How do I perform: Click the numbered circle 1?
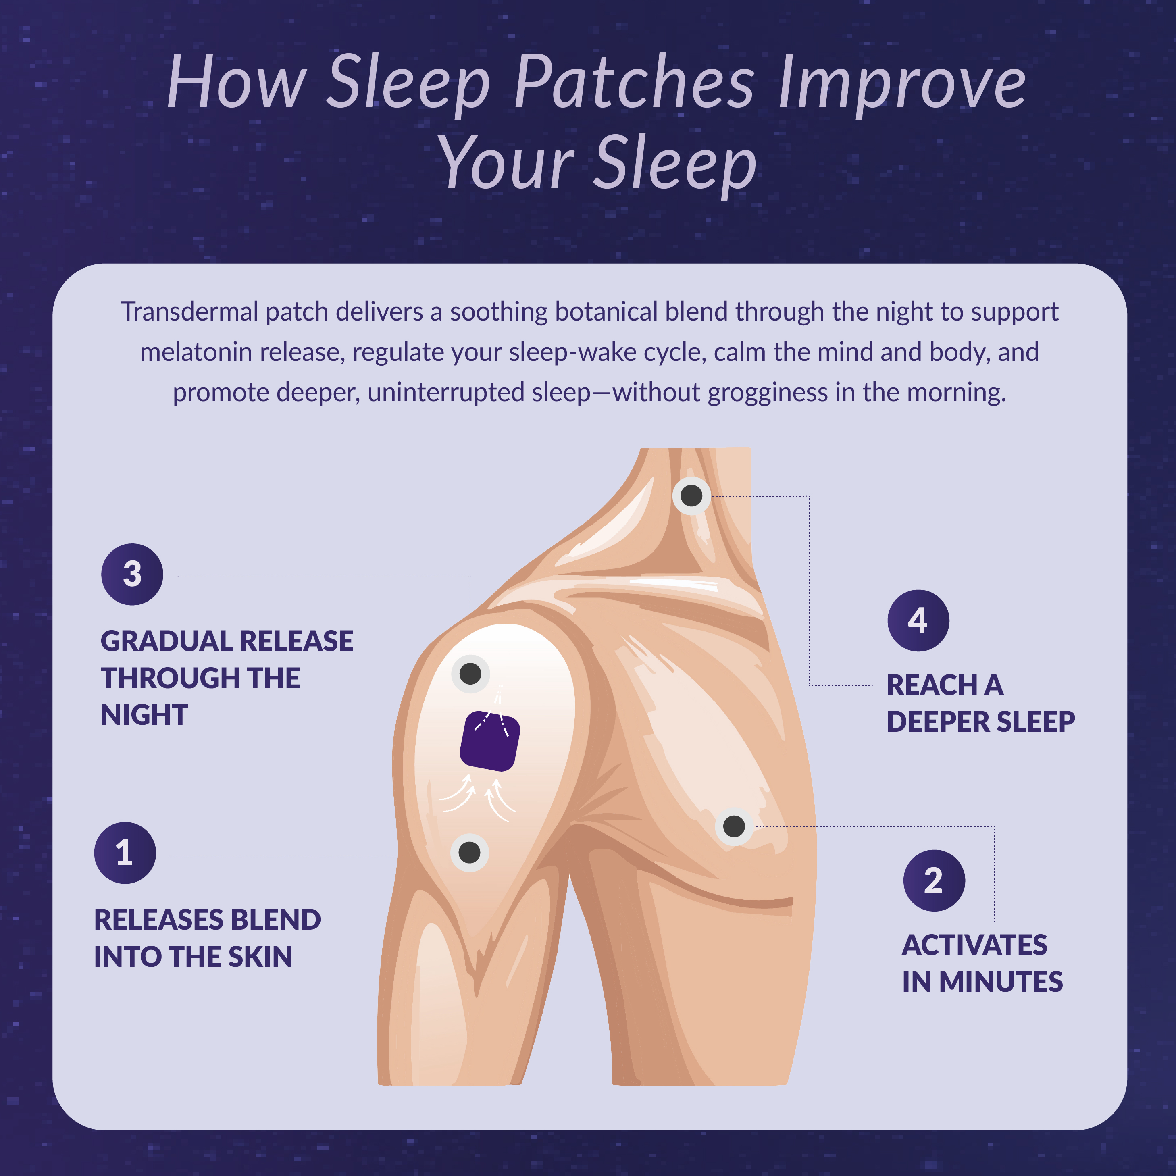click(125, 853)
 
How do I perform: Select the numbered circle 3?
click(132, 574)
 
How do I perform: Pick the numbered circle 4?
click(918, 620)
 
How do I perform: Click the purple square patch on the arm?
click(489, 741)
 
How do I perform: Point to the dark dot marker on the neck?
click(691, 495)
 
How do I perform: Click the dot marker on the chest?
click(733, 826)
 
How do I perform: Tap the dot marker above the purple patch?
click(470, 674)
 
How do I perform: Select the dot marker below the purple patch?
click(469, 852)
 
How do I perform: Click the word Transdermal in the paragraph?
click(189, 312)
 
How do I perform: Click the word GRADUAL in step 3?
click(166, 641)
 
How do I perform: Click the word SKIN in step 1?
click(260, 956)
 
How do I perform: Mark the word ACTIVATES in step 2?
click(974, 945)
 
